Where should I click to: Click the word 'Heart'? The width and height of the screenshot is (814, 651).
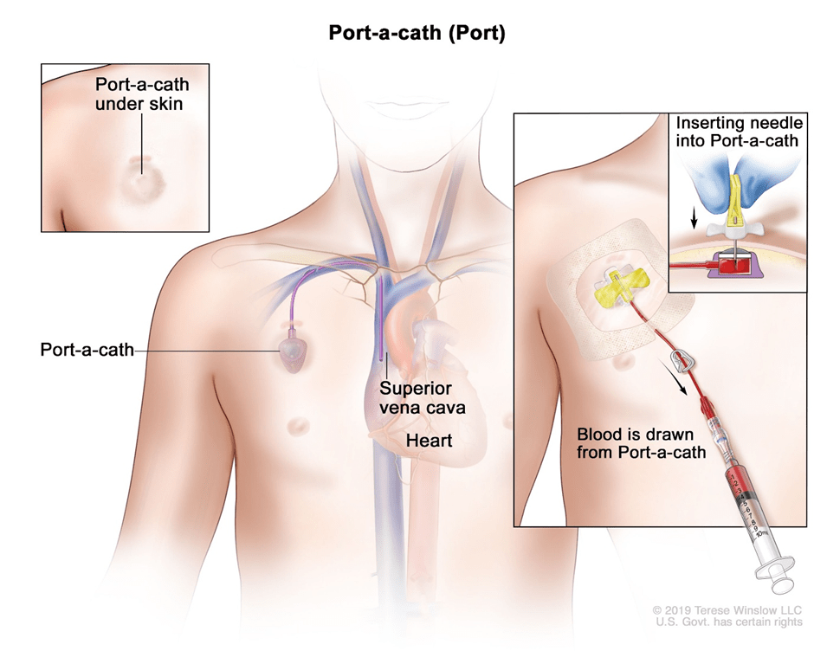430,441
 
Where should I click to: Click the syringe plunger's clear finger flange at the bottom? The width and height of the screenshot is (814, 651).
773,570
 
